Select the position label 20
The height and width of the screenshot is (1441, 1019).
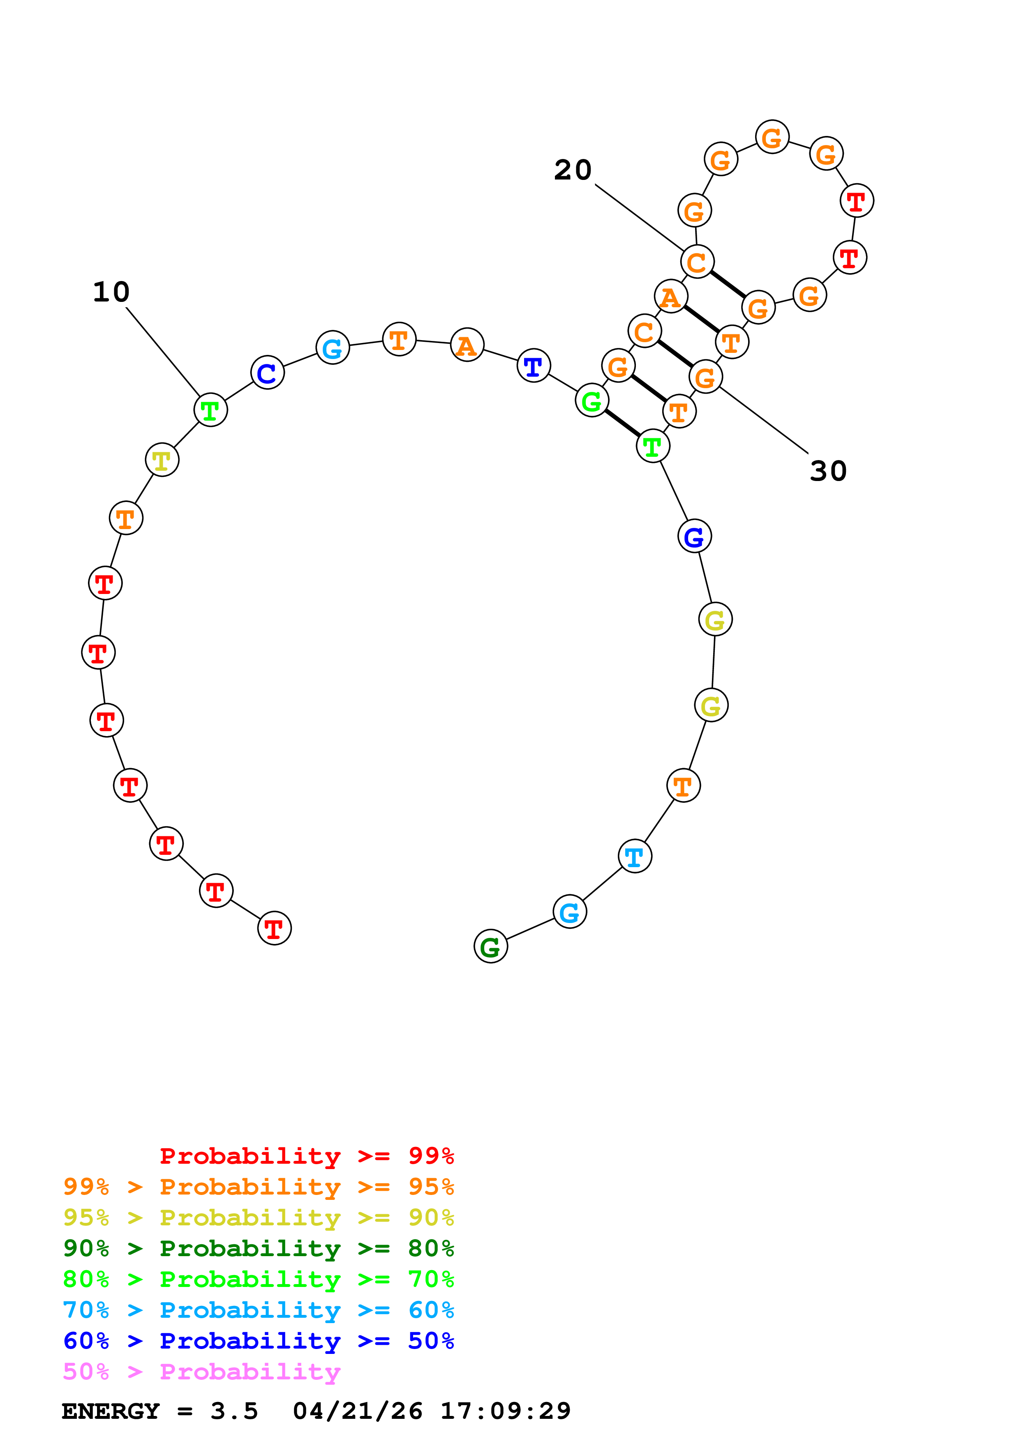pos(573,170)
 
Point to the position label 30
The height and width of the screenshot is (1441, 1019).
pos(828,471)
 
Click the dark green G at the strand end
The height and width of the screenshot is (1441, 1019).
pos(490,946)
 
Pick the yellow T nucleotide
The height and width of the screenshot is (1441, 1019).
pos(162,460)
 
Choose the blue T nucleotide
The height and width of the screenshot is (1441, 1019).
pos(534,366)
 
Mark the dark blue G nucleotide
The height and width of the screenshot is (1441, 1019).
pos(694,536)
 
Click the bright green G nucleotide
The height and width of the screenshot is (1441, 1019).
pos(592,401)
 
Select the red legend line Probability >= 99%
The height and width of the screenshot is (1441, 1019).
pos(306,1156)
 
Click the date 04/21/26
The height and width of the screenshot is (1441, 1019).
pos(357,1411)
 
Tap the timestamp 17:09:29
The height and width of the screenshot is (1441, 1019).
pos(506,1411)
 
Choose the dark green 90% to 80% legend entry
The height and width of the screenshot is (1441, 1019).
pos(259,1248)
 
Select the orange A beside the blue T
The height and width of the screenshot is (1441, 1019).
pos(467,345)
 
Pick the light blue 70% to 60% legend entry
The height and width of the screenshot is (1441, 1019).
pos(259,1310)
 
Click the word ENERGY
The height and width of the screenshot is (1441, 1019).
pos(111,1411)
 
